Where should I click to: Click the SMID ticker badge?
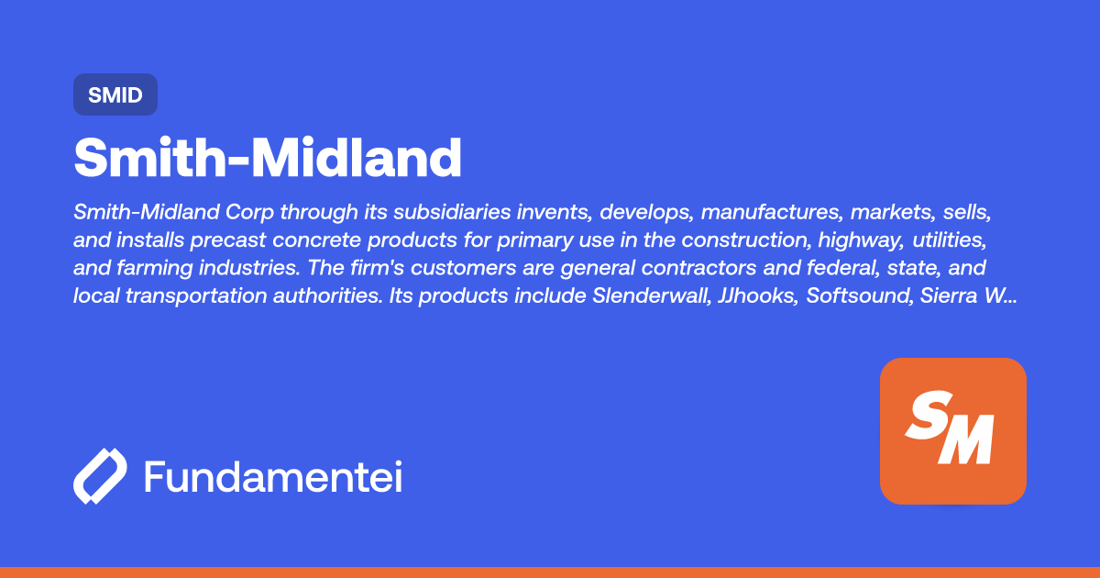point(115,94)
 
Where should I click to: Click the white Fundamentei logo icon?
point(99,477)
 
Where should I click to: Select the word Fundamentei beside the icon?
point(273,477)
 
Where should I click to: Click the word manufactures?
point(771,213)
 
